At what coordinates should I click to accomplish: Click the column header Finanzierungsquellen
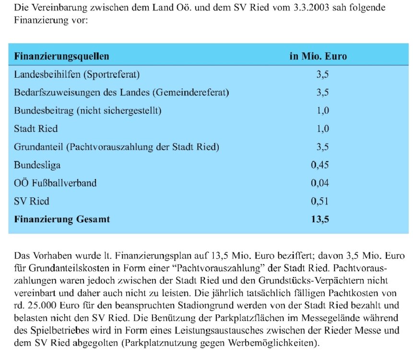pos(62,56)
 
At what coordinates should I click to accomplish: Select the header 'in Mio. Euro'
pos(318,56)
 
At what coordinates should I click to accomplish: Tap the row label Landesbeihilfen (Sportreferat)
pos(77,74)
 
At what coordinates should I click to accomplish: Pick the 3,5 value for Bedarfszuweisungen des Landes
pos(322,93)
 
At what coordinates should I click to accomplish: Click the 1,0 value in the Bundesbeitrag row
pos(322,111)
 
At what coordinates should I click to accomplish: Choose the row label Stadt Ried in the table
pos(36,129)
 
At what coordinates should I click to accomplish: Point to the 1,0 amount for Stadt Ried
pos(322,129)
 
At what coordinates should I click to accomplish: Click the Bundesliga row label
pos(37,166)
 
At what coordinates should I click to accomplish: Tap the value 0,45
pos(320,166)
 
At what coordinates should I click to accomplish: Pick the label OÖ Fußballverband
pos(55,183)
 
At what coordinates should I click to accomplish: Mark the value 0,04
pos(320,183)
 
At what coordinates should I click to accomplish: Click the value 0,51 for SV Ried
pos(320,202)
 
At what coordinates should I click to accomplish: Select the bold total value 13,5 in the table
pos(320,219)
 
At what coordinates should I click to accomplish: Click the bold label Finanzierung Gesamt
pos(62,219)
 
